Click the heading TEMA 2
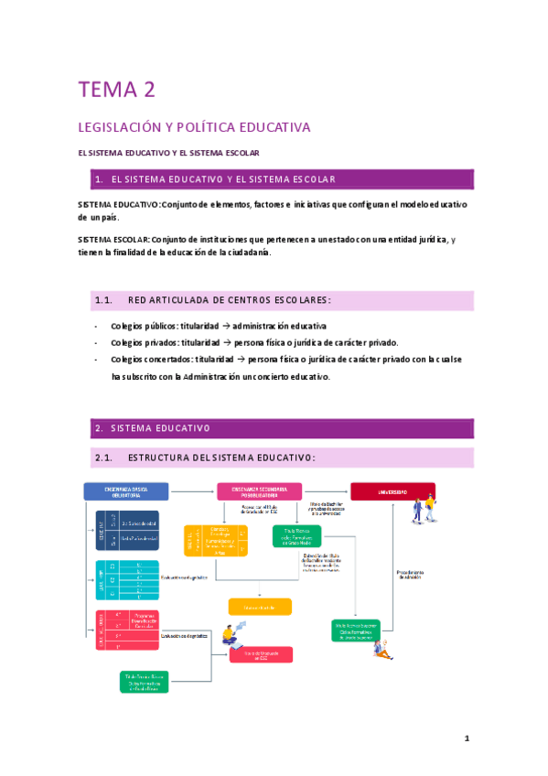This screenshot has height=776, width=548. coord(116,89)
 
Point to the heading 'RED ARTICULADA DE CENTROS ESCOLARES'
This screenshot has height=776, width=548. coord(229,300)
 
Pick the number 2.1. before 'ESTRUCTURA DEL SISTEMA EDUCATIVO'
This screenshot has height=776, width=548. coord(102,457)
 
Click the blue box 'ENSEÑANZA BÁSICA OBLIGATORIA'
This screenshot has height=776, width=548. coord(126,491)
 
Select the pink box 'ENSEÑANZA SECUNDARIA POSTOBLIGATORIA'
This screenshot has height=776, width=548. coord(260,491)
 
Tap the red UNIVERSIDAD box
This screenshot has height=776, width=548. coord(392,491)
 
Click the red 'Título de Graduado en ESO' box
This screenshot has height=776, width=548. coord(261,654)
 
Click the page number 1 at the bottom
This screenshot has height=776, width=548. coord(466,738)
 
